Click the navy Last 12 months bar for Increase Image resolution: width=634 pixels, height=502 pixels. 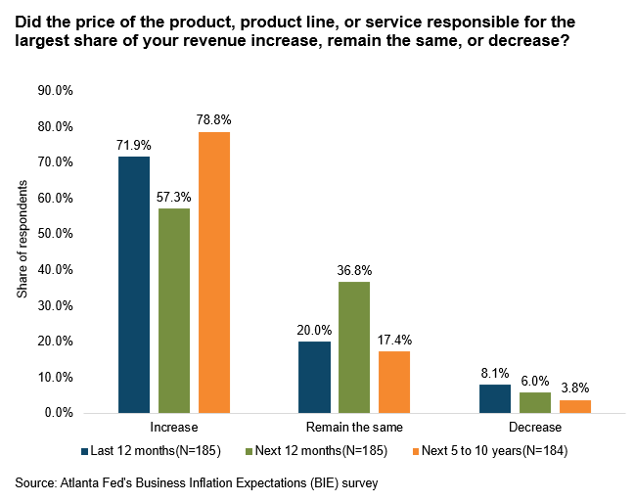pyautogui.click(x=134, y=285)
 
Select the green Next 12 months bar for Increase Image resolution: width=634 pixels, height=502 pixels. pyautogui.click(x=174, y=310)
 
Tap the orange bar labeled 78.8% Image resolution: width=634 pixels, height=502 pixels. pyautogui.click(x=214, y=272)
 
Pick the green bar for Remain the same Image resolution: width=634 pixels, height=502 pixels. pyautogui.click(x=354, y=347)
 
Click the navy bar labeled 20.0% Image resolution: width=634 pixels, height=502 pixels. pyautogui.click(x=314, y=377)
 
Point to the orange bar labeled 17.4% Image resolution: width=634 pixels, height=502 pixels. pyautogui.click(x=394, y=382)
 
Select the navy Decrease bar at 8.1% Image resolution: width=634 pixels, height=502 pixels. pyautogui.click(x=495, y=398)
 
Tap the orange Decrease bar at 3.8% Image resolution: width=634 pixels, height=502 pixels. pyautogui.click(x=575, y=406)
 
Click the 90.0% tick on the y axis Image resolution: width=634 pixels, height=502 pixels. pyautogui.click(x=56, y=91)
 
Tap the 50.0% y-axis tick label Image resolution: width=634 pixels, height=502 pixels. pyautogui.click(x=56, y=234)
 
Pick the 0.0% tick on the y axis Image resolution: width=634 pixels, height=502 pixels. pyautogui.click(x=59, y=413)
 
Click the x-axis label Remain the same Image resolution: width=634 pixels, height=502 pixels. pyautogui.click(x=354, y=429)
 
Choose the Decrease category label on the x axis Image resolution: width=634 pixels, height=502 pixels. pyautogui.click(x=535, y=429)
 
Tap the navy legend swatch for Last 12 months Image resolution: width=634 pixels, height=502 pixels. pyautogui.click(x=85, y=452)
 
